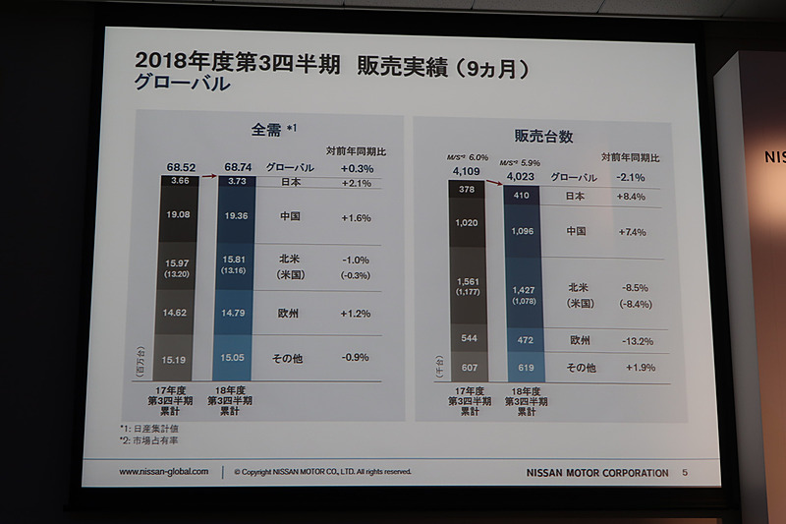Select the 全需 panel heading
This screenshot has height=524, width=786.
pos(264,130)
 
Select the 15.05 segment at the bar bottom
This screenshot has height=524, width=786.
pos(235,359)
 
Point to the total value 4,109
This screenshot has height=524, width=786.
pos(467,172)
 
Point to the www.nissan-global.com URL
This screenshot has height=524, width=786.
pos(164,472)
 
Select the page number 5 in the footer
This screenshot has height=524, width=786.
pos(685,473)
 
